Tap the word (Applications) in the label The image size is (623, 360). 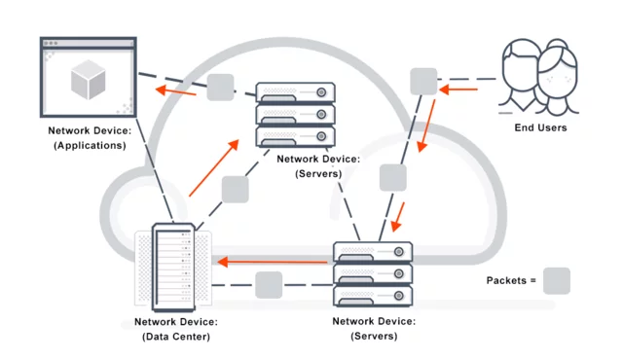[x=87, y=145]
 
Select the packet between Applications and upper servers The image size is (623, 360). [x=220, y=88]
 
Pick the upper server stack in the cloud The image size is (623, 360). [x=295, y=114]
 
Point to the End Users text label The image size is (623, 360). [x=540, y=127]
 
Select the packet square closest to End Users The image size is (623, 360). [x=423, y=82]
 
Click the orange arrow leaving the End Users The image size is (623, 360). [x=458, y=90]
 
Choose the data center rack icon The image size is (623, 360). [x=172, y=267]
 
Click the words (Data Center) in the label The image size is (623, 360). [x=175, y=337]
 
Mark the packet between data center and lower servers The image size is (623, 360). [x=269, y=285]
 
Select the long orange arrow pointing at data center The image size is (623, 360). [x=274, y=261]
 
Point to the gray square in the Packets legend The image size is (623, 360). [x=556, y=281]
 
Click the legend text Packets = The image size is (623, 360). [x=511, y=282]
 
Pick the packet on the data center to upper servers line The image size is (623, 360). [x=236, y=189]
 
